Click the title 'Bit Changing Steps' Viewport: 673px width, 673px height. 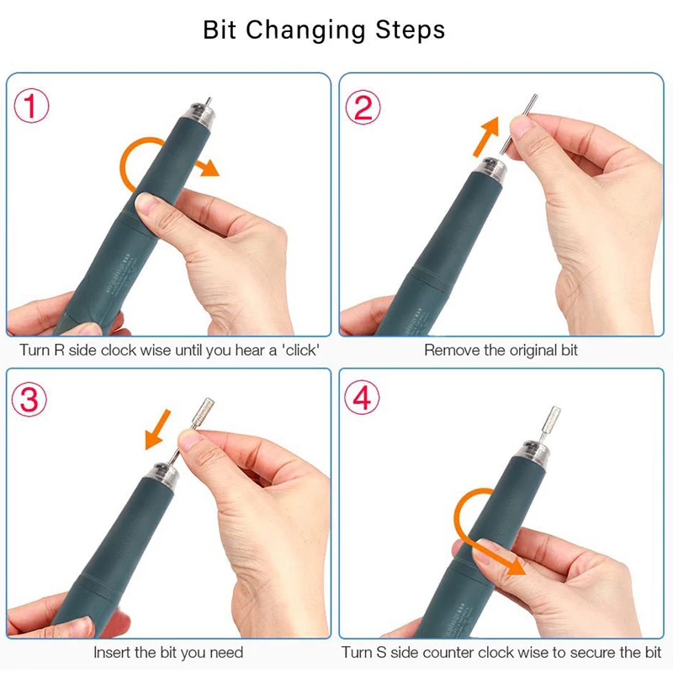pos(324,30)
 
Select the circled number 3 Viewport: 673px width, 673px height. pos(30,400)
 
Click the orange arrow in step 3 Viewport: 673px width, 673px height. pos(157,429)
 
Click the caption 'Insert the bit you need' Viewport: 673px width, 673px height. pos(168,652)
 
